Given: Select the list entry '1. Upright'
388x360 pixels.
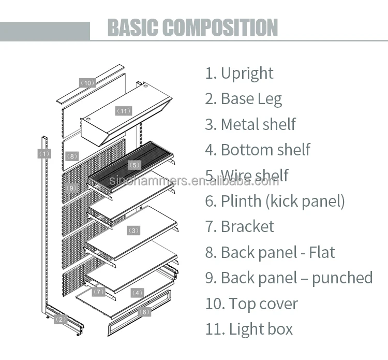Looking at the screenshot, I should click(239, 73).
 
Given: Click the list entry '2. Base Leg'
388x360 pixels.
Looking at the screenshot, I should click(243, 98).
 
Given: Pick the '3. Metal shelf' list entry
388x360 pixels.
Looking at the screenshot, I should click(250, 124).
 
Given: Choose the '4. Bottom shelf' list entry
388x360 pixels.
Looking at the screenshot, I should click(257, 150).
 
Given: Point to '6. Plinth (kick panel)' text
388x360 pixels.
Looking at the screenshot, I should click(275, 201).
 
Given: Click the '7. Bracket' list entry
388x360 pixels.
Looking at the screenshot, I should click(240, 226).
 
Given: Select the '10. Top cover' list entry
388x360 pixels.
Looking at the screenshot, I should click(251, 304).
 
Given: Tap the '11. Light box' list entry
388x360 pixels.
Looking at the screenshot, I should click(249, 329).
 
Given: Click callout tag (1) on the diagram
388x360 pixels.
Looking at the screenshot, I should click(44, 153).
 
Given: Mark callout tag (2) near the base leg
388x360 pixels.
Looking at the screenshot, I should click(61, 319).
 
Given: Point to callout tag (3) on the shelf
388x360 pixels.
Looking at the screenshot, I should click(133, 230).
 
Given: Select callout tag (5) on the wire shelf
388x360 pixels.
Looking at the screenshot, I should click(135, 165).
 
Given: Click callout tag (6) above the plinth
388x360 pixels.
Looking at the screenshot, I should click(144, 312).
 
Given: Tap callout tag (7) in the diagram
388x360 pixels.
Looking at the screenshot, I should click(99, 292).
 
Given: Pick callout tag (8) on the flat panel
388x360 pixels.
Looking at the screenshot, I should click(72, 156).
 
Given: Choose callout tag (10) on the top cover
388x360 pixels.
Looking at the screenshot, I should click(87, 83).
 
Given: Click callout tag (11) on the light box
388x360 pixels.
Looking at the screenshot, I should click(124, 111).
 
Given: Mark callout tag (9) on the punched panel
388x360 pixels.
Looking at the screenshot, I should click(72, 187).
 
